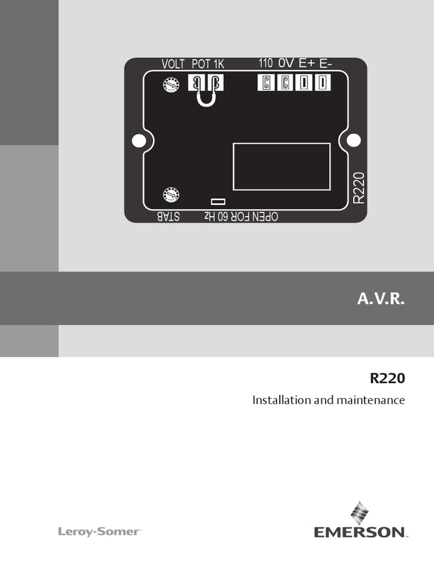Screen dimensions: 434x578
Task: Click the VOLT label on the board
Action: [x=173, y=64]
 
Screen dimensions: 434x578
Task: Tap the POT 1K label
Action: [x=208, y=64]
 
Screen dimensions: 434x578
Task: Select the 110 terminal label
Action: [x=266, y=63]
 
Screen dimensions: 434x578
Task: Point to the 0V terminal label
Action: [x=286, y=63]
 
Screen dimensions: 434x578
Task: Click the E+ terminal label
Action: [x=306, y=63]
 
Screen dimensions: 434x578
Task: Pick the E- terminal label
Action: [x=325, y=63]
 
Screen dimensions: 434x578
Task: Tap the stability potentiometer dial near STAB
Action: [x=171, y=195]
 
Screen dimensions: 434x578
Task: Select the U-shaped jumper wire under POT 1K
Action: [x=206, y=100]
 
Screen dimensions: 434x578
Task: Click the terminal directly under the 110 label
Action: [x=266, y=83]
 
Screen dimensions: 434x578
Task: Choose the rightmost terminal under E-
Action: [x=322, y=83]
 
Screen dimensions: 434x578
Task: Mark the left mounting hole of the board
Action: [x=138, y=140]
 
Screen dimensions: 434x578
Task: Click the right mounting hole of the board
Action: [x=353, y=139]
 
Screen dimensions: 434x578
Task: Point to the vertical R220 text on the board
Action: [x=359, y=188]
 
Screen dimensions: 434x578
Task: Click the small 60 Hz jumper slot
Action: [x=218, y=202]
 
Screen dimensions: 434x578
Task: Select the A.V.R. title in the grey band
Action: [x=381, y=299]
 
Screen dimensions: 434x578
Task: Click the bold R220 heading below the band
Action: [x=388, y=379]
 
